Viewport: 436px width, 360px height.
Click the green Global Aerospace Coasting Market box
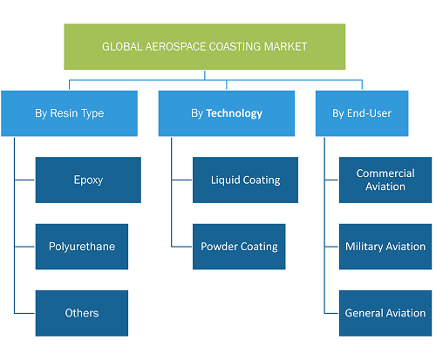[x=205, y=46]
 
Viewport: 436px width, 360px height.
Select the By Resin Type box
[x=69, y=113]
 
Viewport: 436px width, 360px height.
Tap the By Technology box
[x=227, y=113]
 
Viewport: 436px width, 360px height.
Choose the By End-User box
[x=362, y=113]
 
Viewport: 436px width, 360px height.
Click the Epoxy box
[x=88, y=180]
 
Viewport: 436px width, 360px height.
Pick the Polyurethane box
[x=82, y=247]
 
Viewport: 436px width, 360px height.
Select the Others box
[x=82, y=313]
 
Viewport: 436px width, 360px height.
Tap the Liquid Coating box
[x=245, y=180]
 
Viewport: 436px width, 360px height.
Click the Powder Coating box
[x=239, y=247]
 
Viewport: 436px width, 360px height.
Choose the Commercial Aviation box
[x=385, y=180]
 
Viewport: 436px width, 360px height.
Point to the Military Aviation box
[x=385, y=247]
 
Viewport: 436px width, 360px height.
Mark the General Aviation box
[x=385, y=313]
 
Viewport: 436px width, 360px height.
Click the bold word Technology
[x=235, y=113]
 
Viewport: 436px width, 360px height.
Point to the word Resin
[x=62, y=113]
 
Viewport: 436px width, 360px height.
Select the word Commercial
[x=385, y=173]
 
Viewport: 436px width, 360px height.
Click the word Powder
[x=219, y=247]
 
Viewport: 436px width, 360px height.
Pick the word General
[x=364, y=313]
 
